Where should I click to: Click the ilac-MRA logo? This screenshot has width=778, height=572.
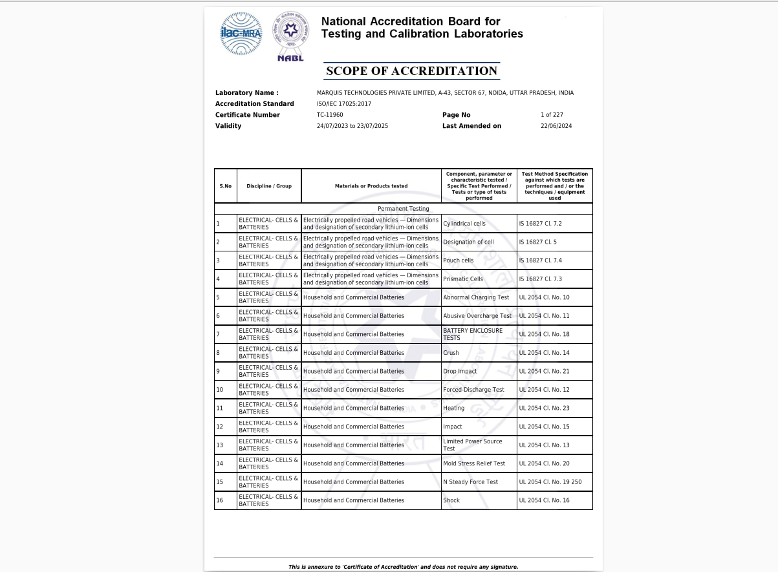241,33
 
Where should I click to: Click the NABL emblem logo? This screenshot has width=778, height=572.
290,36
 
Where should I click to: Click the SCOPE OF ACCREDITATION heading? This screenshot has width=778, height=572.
411,71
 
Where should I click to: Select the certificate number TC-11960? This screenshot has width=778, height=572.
330,115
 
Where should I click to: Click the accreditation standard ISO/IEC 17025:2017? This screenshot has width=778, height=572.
344,104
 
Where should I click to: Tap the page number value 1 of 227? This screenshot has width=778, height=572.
552,115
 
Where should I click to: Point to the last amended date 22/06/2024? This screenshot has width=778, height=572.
556,126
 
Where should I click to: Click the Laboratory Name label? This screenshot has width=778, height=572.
246,93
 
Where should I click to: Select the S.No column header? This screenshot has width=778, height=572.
225,186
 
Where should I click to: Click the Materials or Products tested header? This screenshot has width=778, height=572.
371,186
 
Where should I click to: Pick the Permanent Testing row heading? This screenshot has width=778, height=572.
403,209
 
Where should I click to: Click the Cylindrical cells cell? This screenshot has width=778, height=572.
464,224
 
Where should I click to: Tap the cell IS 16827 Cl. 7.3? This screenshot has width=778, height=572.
540,279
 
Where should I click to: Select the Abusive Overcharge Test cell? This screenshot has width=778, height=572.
477,316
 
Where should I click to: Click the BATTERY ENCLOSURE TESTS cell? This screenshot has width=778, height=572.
472,334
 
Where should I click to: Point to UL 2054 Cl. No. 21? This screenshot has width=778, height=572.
544,372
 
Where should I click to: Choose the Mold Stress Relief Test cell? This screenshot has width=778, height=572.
474,463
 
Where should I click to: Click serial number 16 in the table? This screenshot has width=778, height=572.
220,501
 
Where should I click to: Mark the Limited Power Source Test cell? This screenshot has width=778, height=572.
472,445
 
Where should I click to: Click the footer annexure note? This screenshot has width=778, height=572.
403,567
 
